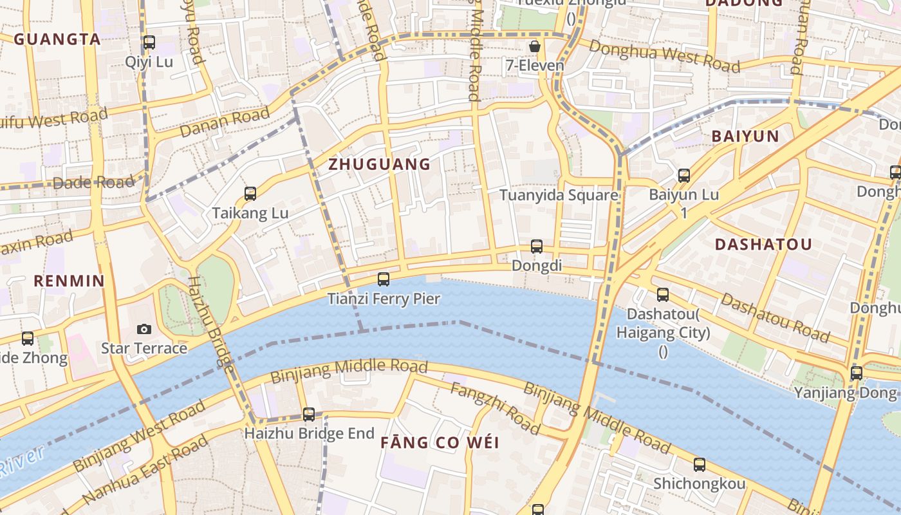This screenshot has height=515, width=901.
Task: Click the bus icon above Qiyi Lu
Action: coord(149,42)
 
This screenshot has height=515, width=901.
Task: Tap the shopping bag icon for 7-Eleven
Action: coord(534,46)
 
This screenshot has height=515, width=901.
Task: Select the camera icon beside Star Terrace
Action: coord(144,329)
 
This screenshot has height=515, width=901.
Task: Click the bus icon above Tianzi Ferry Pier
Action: coord(384,279)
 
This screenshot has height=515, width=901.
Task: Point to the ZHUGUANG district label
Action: coord(379,164)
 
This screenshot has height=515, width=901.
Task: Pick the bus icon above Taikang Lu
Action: coord(250,193)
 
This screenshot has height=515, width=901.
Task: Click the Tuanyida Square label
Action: coord(559,195)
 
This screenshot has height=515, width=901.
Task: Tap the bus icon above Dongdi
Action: coord(537,246)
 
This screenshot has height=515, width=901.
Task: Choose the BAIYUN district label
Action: coord(745,136)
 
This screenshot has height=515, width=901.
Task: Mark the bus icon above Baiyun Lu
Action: coord(684,175)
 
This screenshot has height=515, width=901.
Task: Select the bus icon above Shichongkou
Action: coord(700,464)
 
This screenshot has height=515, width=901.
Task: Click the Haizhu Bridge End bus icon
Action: coord(309,414)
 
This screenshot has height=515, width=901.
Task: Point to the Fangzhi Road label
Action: coord(494,408)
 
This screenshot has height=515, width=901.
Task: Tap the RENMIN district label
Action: coord(69,281)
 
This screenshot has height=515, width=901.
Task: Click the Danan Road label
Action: coord(225,122)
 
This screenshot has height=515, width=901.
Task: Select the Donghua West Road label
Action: coord(664,56)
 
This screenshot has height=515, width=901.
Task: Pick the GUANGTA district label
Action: coord(57,39)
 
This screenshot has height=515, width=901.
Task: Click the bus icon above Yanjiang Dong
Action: coord(856,373)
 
